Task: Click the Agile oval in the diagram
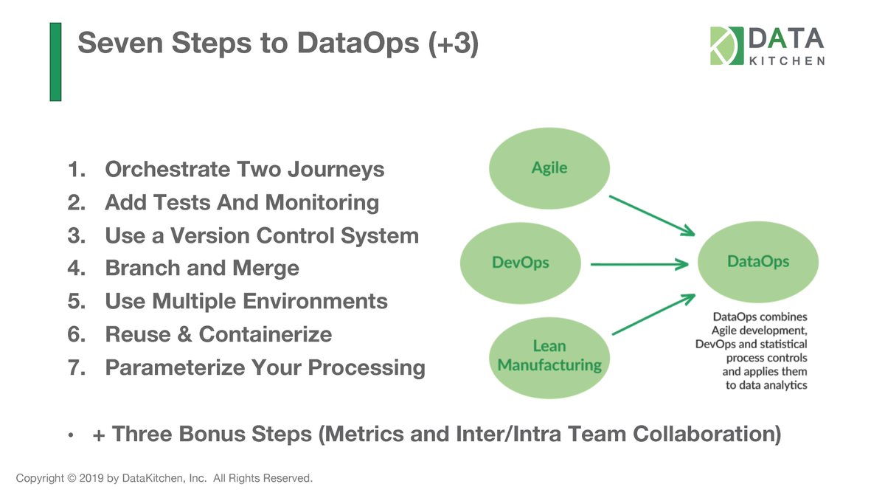(549, 168)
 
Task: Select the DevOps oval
(520, 263)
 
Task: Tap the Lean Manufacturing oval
(549, 355)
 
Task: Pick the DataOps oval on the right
(757, 262)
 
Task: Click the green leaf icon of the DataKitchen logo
(726, 46)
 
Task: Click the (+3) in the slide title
(454, 44)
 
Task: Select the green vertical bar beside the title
(55, 61)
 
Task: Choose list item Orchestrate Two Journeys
(244, 170)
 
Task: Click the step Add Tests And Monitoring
(242, 202)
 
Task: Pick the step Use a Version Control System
(262, 235)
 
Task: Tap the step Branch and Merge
(202, 268)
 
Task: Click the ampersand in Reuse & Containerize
(184, 334)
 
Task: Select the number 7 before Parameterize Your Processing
(74, 367)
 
